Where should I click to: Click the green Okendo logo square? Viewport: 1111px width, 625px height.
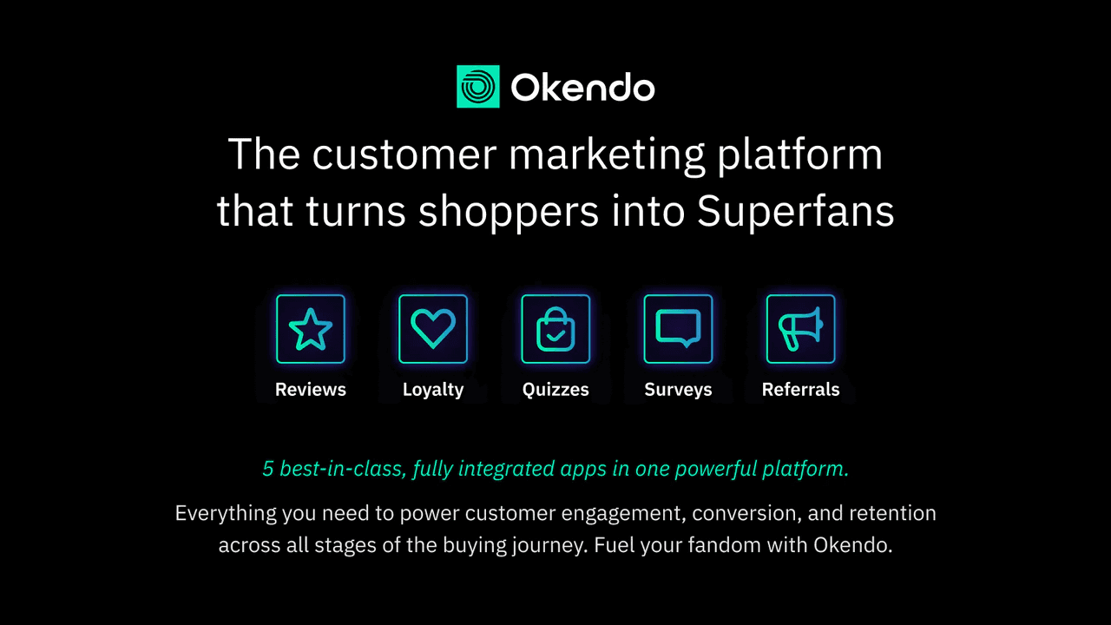point(477,87)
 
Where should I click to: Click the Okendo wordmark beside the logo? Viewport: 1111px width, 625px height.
point(582,88)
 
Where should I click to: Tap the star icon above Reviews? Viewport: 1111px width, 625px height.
point(311,329)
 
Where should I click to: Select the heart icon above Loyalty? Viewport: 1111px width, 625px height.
point(433,329)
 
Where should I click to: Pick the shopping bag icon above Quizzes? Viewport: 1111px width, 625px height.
point(555,329)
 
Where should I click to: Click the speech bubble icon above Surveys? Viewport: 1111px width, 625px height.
point(678,329)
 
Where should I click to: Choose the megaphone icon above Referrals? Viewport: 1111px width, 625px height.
point(800,329)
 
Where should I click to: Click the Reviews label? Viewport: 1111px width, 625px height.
point(311,390)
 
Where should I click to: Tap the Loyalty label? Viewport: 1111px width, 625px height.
point(433,390)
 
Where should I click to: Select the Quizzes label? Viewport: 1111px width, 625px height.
point(555,390)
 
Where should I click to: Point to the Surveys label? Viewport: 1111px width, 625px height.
point(678,390)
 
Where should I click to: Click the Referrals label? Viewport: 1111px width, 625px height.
point(800,390)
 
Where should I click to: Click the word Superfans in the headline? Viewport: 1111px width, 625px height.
point(796,212)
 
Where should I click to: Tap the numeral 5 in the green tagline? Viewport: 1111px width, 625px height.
point(267,470)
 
